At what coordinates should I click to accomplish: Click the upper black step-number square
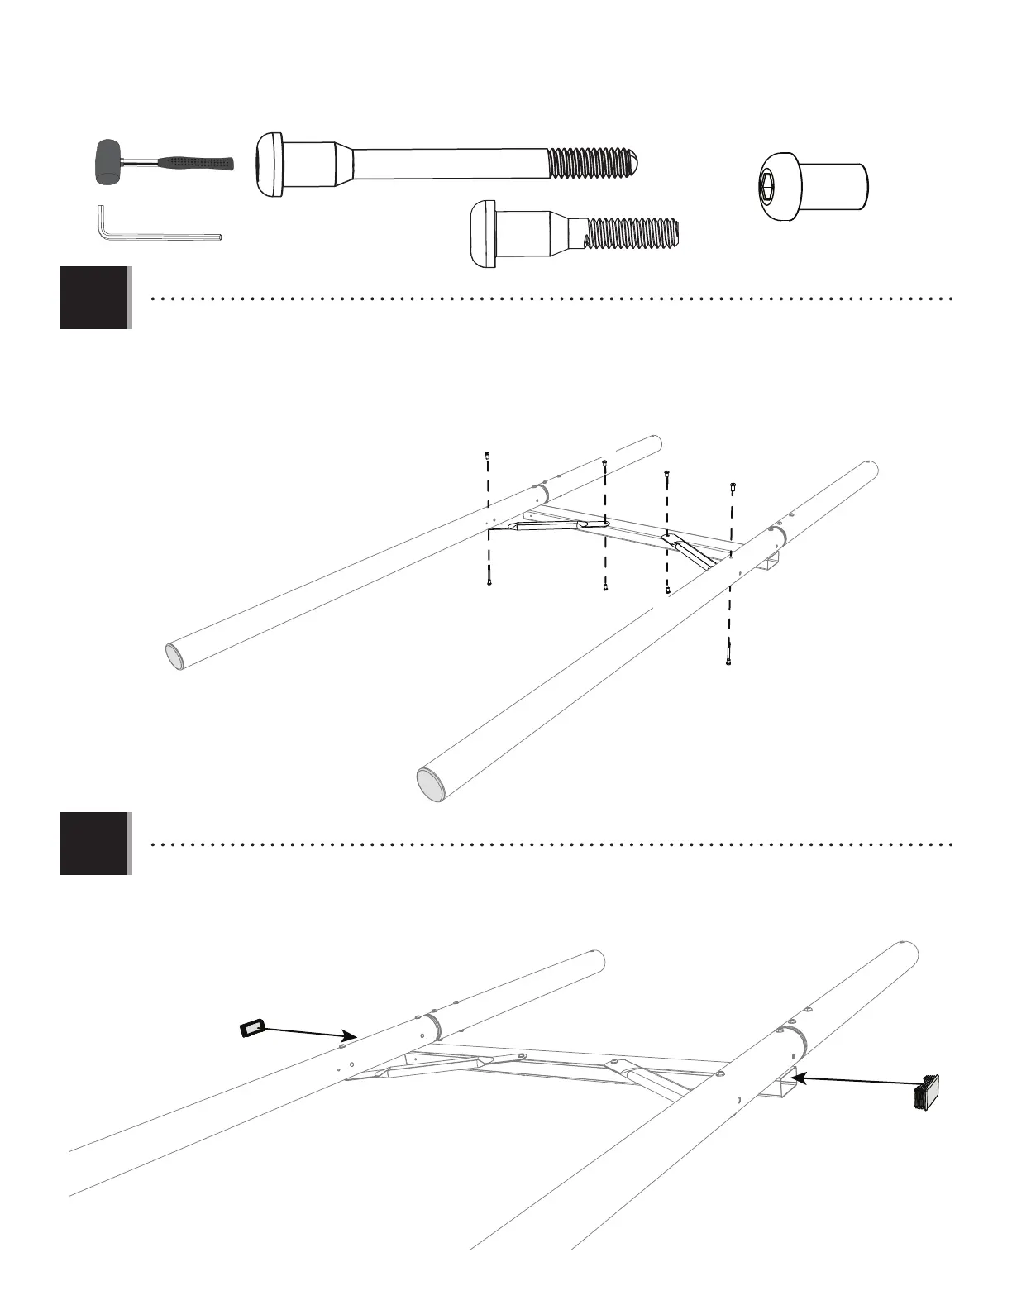(x=94, y=298)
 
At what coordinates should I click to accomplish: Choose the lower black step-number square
(x=94, y=844)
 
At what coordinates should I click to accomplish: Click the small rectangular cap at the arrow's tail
(x=251, y=1028)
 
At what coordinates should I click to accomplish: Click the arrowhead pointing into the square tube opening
(x=797, y=1076)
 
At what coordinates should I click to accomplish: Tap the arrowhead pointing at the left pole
(x=351, y=1035)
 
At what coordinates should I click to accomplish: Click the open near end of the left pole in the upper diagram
(x=175, y=657)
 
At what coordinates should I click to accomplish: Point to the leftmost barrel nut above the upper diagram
(x=488, y=455)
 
